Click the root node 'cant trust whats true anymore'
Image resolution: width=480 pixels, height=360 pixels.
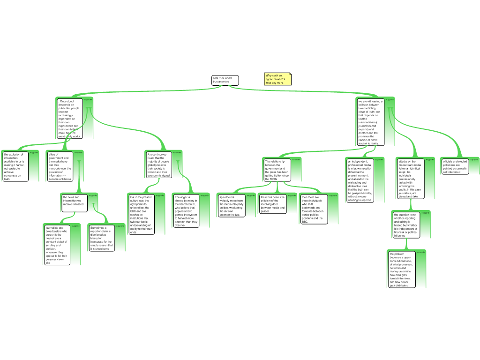(225, 81)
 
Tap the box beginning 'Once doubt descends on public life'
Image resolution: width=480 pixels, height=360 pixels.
(70, 118)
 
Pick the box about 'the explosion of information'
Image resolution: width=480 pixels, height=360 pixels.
(15, 166)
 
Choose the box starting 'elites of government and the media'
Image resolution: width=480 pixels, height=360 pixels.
(60, 166)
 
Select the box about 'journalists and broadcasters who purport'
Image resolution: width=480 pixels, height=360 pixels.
(57, 244)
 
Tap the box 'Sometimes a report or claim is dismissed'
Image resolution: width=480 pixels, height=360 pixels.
(102, 238)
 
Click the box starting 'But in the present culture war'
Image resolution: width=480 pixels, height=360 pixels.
(141, 214)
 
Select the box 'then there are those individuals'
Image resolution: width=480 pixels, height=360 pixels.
(314, 209)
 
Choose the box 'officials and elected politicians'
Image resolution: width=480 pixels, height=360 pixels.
(455, 166)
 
